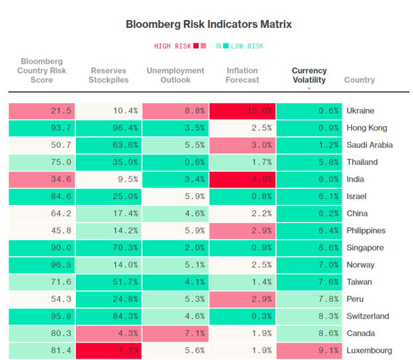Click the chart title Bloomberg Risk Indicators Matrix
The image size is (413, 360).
click(208, 25)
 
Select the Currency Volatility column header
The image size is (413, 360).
click(309, 75)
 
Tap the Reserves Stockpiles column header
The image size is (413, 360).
click(109, 75)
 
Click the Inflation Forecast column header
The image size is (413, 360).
click(242, 75)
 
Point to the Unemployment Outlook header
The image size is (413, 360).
click(175, 75)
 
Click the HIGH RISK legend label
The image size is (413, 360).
click(172, 46)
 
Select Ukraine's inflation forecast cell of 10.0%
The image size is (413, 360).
click(242, 110)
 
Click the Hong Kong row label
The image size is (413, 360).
click(366, 128)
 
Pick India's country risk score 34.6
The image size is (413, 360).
click(41, 179)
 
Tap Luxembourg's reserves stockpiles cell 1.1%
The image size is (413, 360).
click(109, 351)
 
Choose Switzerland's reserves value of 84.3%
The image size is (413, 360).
click(109, 316)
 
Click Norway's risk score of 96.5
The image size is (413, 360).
click(41, 265)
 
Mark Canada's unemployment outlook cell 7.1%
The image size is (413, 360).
click(175, 333)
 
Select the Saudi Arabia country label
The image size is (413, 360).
click(370, 145)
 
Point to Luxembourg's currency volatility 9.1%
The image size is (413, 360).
click(309, 351)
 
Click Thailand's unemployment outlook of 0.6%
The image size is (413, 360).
click(175, 162)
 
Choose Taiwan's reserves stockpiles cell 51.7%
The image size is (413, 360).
click(109, 282)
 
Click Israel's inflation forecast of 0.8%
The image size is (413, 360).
click(242, 196)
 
